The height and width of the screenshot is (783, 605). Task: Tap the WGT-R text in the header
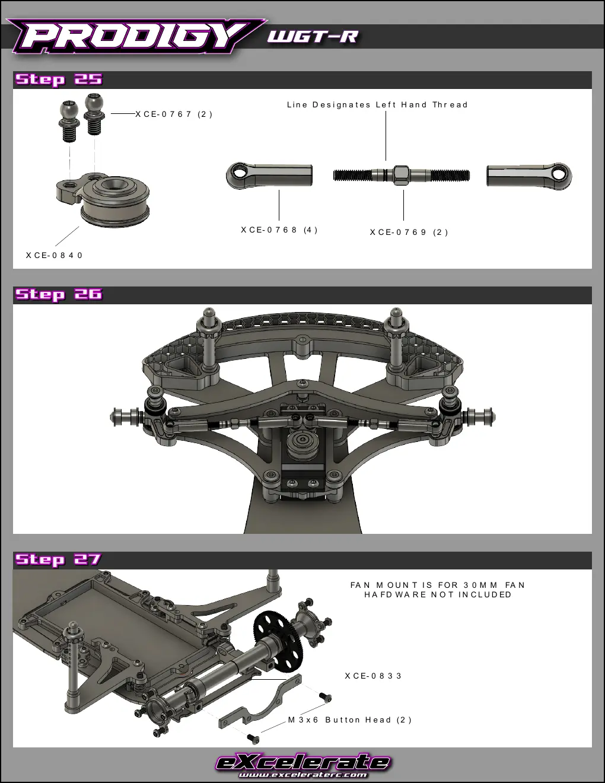[313, 36]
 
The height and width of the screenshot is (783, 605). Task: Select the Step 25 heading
[59, 79]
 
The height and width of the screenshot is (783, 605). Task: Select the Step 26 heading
[59, 294]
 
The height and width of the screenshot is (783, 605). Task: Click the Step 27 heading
[58, 559]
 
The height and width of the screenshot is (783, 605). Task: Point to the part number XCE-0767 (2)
[174, 114]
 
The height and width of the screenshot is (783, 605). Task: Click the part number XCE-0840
[54, 255]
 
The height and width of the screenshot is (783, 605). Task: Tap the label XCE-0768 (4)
[279, 230]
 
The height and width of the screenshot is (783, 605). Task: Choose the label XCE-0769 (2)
[409, 233]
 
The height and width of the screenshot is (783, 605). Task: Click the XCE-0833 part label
[373, 676]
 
